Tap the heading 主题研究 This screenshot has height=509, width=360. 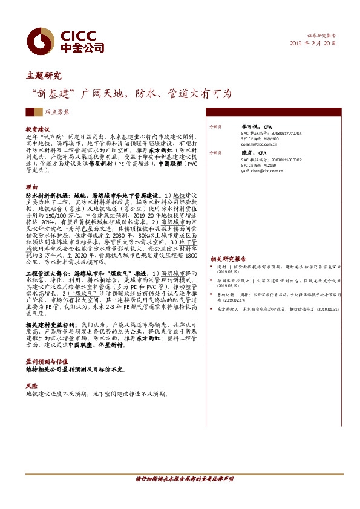44,76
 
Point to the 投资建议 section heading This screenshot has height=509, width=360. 37,129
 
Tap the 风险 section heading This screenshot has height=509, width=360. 31,385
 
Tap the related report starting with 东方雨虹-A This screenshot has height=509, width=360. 273,308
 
